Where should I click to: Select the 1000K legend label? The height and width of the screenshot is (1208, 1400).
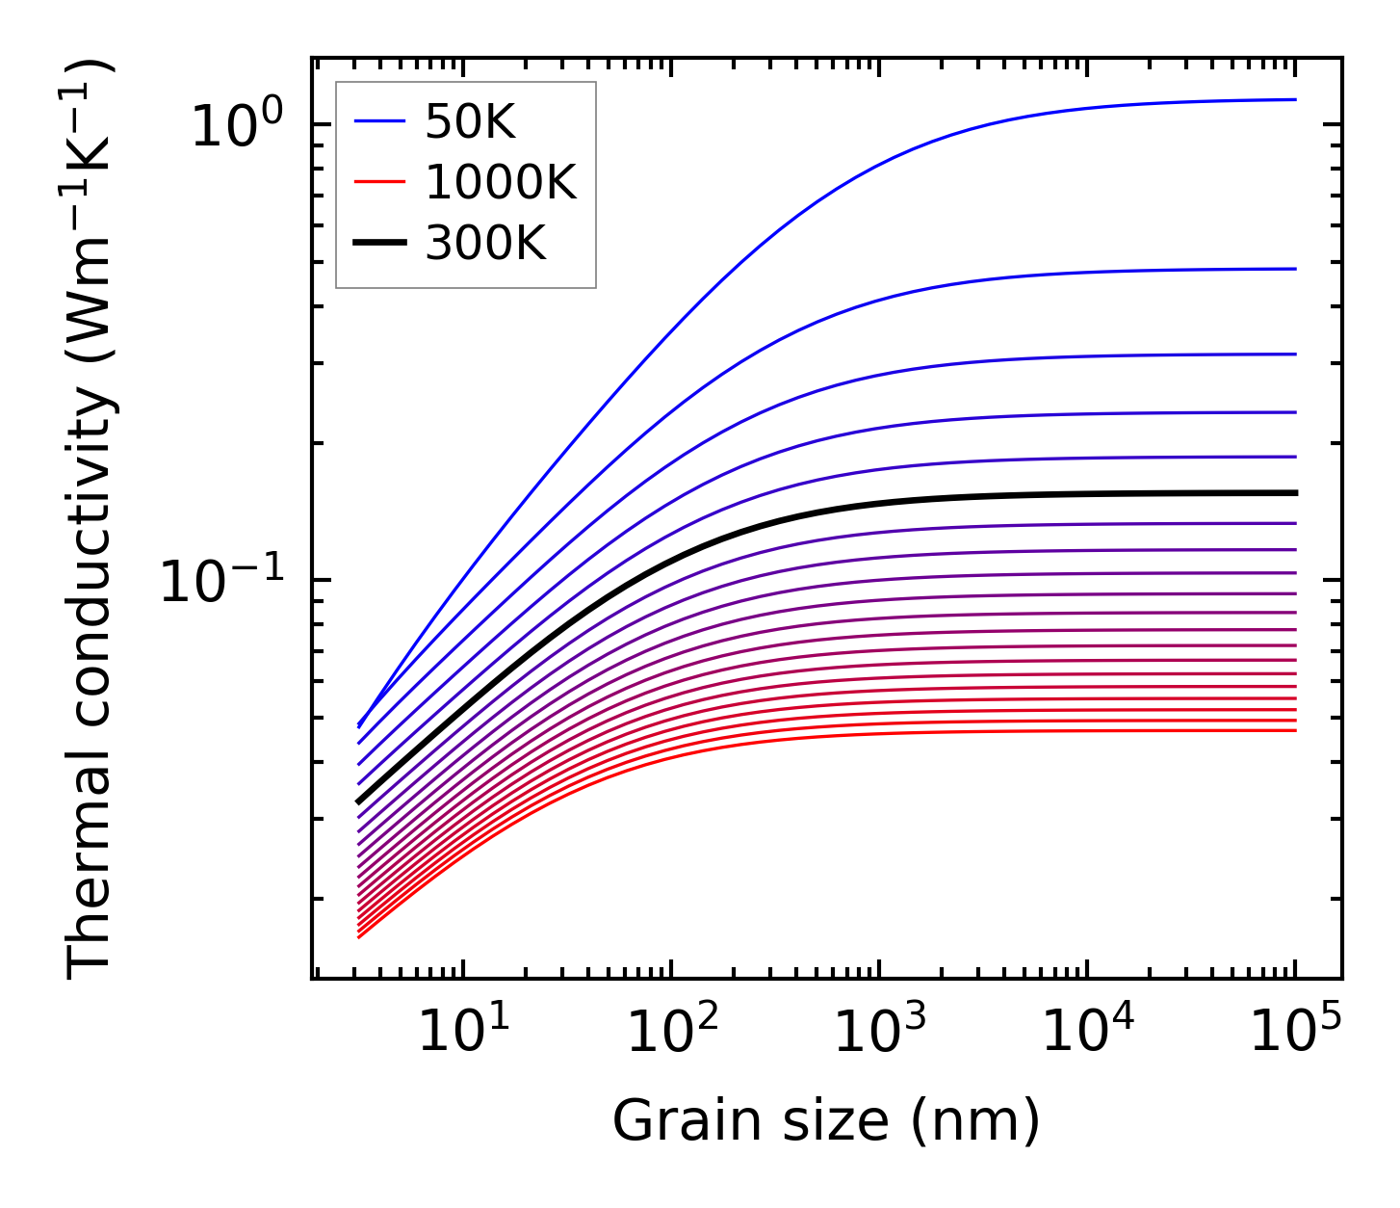click(501, 183)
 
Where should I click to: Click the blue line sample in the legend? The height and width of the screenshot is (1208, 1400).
click(379, 122)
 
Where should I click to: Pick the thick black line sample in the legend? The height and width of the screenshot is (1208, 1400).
click(379, 244)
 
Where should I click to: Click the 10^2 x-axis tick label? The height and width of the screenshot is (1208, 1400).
click(671, 1034)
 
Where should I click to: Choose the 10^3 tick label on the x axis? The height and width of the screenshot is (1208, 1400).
click(878, 1034)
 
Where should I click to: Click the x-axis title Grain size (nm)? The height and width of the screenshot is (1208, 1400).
click(826, 1121)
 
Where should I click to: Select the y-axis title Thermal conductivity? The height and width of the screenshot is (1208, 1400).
click(91, 520)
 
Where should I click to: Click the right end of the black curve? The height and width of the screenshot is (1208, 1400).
click(1295, 493)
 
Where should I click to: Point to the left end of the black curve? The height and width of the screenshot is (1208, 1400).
click(359, 801)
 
